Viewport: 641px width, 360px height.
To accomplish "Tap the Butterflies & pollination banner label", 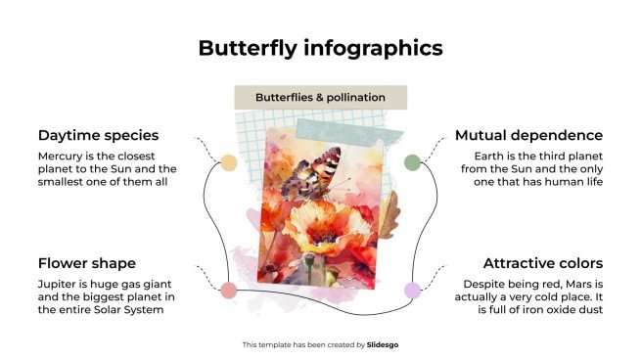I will point(320,98).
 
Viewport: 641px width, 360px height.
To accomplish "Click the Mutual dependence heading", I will point(528,135).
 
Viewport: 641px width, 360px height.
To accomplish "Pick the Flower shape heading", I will point(86,263).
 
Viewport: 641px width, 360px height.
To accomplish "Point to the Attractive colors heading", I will point(542,263).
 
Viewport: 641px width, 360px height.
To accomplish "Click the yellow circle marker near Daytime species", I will point(228,162).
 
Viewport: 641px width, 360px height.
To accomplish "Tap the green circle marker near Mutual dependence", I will point(413,162).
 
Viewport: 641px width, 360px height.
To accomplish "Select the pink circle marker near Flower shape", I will point(228,290).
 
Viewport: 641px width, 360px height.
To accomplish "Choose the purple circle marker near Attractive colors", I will point(413,290).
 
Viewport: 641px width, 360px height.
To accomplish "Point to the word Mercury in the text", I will point(62,157).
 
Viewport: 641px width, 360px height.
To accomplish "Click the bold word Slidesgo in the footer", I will point(383,344).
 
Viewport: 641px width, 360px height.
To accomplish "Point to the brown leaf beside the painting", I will point(389,215).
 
